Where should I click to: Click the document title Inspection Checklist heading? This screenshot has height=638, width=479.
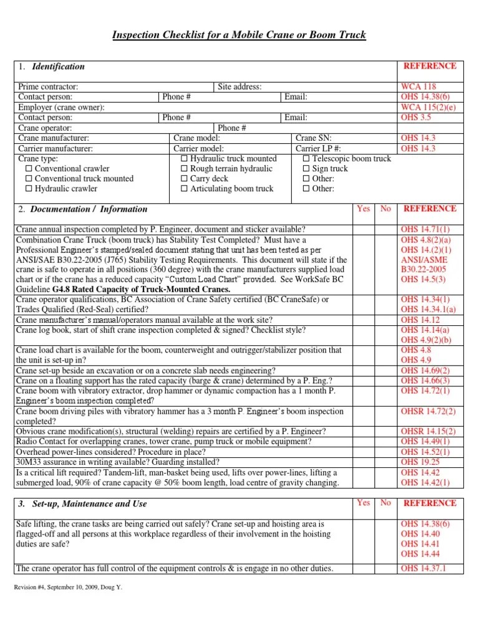[239, 35]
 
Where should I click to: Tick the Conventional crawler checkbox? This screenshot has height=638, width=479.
[29, 169]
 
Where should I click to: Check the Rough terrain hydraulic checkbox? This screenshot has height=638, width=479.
[184, 169]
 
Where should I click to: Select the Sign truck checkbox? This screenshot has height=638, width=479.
[306, 169]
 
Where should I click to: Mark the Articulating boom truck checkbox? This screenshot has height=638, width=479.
[184, 189]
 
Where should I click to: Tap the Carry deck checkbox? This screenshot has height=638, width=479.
[184, 179]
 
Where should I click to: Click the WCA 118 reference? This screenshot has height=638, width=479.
[419, 87]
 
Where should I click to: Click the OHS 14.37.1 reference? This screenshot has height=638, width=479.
[423, 568]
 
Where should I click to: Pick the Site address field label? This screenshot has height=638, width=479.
[239, 87]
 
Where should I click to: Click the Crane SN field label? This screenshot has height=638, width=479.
[314, 138]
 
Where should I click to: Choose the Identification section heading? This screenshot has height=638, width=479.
[58, 67]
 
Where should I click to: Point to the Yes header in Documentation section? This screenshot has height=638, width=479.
[363, 209]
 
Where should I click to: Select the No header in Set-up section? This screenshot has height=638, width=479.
[385, 503]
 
